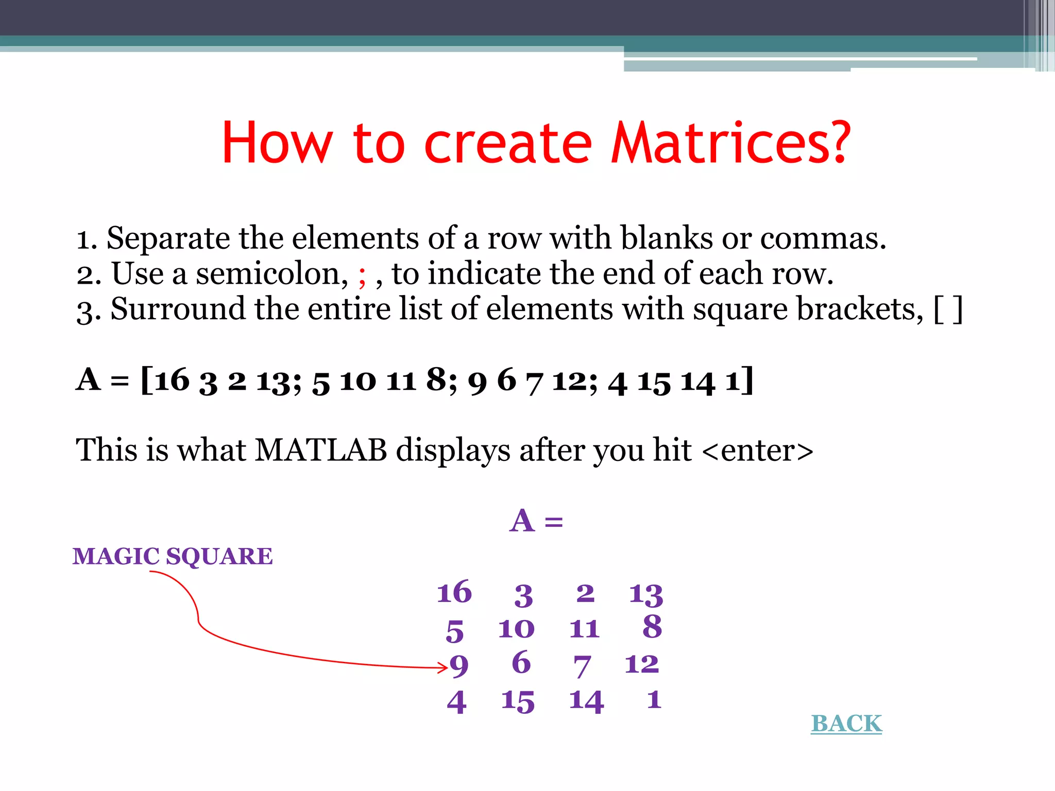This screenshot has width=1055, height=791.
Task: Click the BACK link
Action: pyautogui.click(x=846, y=724)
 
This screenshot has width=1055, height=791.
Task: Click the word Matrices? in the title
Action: pyautogui.click(x=730, y=143)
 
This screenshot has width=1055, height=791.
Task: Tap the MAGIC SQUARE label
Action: pyautogui.click(x=173, y=556)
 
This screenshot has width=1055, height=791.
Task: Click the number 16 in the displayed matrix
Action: pyautogui.click(x=454, y=592)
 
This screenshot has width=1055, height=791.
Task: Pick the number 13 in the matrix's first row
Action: pyautogui.click(x=646, y=594)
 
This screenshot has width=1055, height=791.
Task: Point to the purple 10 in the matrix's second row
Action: pyautogui.click(x=516, y=629)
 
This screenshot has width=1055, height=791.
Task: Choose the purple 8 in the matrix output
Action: pyautogui.click(x=652, y=627)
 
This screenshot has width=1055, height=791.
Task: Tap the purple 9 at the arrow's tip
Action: pyautogui.click(x=459, y=666)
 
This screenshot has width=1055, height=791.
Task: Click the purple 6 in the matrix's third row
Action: pyautogui.click(x=521, y=662)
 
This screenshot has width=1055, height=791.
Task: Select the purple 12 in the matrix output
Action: pyautogui.click(x=642, y=664)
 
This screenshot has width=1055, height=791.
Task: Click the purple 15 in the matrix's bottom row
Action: pyautogui.click(x=518, y=701)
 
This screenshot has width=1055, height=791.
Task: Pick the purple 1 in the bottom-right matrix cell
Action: pyautogui.click(x=654, y=700)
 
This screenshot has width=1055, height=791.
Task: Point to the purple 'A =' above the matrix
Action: pyautogui.click(x=536, y=521)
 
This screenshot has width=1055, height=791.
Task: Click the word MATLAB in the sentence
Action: pyautogui.click(x=321, y=450)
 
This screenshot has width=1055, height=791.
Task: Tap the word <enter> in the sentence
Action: pyautogui.click(x=757, y=451)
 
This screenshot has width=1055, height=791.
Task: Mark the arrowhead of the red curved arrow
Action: pyautogui.click(x=444, y=668)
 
